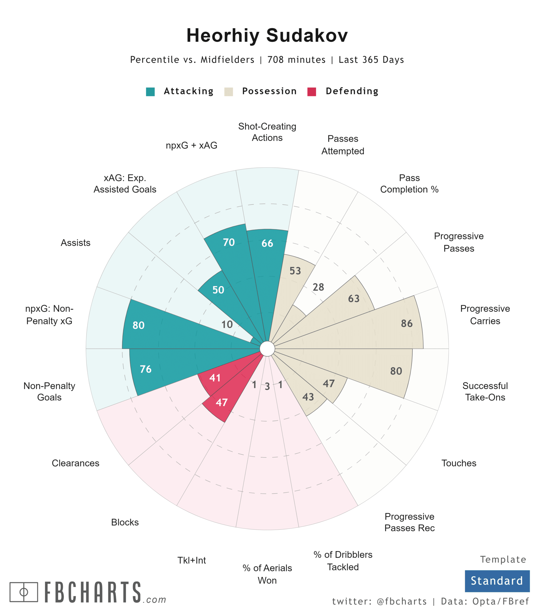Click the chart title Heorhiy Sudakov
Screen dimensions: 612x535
(267, 35)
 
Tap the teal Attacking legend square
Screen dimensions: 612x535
(150, 92)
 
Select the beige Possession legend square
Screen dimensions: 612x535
(229, 92)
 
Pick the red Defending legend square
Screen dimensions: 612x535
(312, 92)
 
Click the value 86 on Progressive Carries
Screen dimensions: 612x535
(407, 323)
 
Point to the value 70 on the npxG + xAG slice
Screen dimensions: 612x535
(229, 242)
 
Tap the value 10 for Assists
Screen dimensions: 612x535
(227, 324)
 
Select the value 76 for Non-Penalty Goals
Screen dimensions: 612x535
(146, 369)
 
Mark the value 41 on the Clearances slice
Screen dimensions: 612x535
(215, 378)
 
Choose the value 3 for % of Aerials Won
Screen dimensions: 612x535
(267, 387)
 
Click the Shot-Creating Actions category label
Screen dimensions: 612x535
(267, 132)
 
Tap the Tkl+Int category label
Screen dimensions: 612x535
(192, 560)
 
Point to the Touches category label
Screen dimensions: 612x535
(459, 463)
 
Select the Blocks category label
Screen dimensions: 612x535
(125, 522)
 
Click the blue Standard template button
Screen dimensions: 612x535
(497, 581)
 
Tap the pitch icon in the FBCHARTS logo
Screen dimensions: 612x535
(24, 592)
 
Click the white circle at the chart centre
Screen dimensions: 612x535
(267, 349)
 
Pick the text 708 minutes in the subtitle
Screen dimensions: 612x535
(296, 60)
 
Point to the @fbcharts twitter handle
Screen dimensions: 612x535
(402, 601)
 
